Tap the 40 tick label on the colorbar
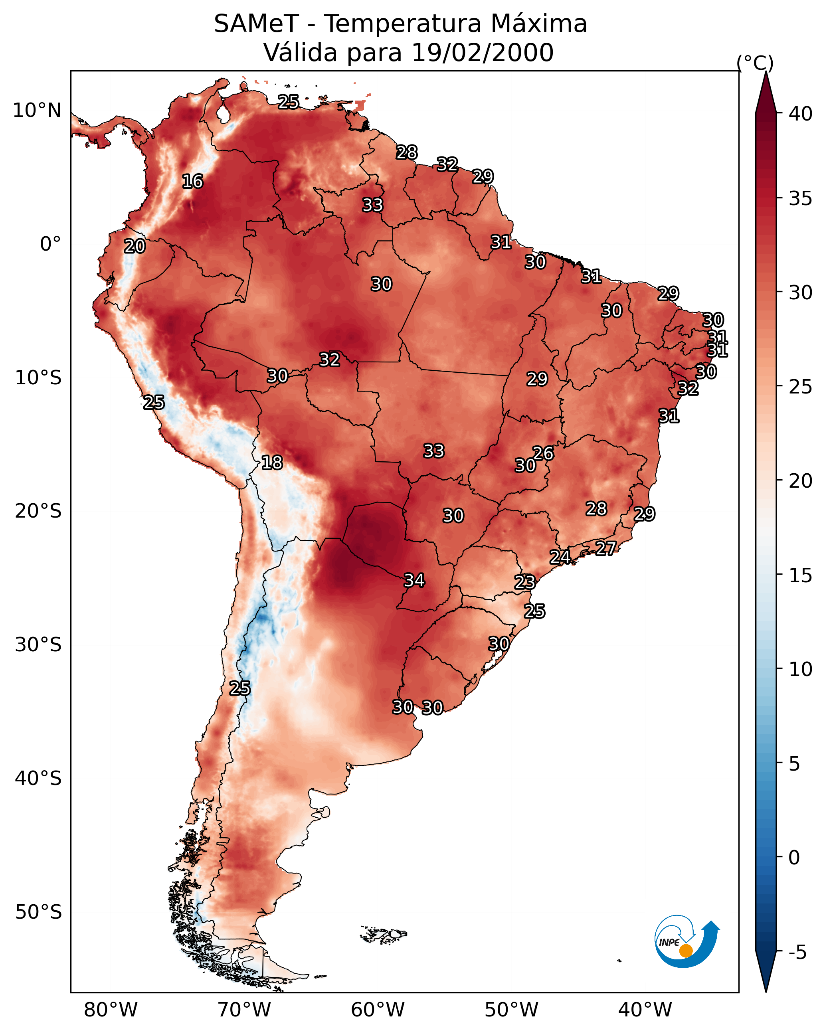click(801, 114)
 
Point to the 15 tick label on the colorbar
click(801, 575)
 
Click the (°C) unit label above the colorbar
click(755, 63)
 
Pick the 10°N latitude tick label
click(37, 111)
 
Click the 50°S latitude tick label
click(38, 913)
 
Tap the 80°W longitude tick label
click(111, 1010)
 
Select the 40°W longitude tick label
click(645, 1010)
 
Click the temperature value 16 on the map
click(192, 182)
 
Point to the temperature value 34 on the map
click(414, 581)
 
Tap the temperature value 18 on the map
click(272, 463)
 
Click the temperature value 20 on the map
click(135, 247)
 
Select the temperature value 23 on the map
click(525, 582)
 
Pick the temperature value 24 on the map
click(560, 557)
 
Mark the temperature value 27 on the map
click(606, 548)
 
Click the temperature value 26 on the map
click(543, 453)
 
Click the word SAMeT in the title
click(257, 24)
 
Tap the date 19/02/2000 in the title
click(483, 53)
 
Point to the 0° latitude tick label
click(50, 244)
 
